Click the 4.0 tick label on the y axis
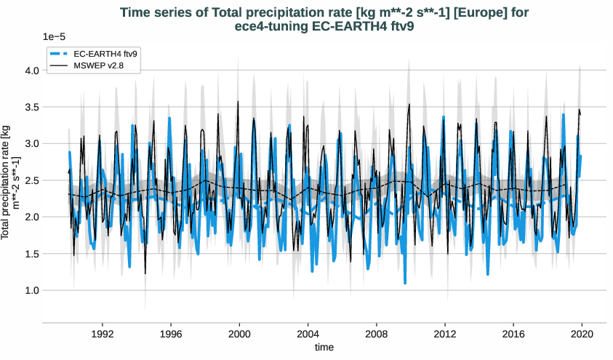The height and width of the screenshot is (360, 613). point(31,71)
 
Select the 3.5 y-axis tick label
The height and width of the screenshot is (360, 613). point(31,107)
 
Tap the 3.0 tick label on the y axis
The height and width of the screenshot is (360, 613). point(31,144)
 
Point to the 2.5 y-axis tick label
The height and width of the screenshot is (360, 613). point(31,180)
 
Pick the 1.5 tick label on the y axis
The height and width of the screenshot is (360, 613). point(31,254)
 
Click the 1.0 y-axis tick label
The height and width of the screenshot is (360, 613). point(31,290)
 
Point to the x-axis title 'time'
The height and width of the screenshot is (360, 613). point(324,348)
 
